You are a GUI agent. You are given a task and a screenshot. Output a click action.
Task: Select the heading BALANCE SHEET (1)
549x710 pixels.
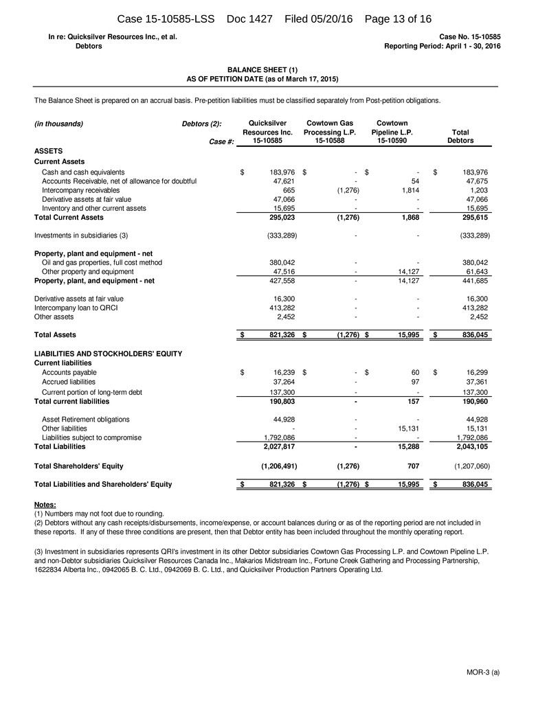(x=262, y=69)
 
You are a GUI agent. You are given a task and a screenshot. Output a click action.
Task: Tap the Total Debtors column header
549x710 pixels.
(x=460, y=137)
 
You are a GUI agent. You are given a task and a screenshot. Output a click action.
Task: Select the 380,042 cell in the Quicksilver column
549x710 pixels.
(x=280, y=262)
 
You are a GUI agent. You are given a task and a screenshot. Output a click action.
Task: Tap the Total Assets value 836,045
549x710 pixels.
(x=473, y=335)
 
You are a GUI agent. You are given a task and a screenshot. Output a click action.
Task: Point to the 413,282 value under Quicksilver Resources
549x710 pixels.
(x=280, y=308)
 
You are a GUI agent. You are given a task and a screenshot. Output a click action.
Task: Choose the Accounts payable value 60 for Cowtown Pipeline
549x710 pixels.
(x=414, y=373)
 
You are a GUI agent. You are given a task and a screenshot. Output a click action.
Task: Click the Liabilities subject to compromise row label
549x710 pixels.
(x=91, y=437)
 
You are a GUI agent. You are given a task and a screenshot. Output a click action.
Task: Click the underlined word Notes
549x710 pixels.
(x=45, y=505)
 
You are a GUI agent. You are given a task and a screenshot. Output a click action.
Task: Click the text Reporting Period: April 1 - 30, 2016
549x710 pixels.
(x=442, y=46)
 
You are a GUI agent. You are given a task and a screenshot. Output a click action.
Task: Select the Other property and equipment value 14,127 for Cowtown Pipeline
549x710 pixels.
(x=409, y=272)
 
